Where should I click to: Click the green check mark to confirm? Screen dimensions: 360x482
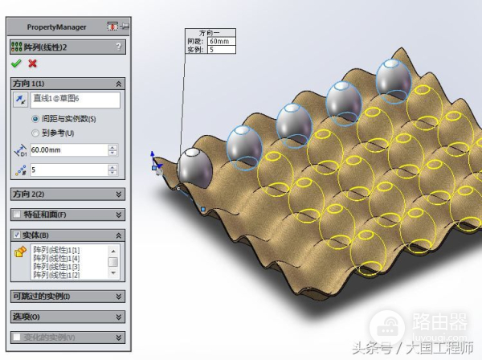16,63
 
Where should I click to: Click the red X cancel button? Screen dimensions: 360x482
33,63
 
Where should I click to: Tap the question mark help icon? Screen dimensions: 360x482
119,47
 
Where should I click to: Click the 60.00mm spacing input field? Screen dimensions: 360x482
67,150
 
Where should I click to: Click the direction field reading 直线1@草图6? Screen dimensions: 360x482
76,100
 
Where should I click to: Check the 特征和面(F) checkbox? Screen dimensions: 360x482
17,215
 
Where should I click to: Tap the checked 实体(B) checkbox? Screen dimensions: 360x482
17,235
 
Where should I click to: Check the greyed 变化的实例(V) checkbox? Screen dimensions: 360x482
17,337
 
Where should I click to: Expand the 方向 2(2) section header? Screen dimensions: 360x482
67,194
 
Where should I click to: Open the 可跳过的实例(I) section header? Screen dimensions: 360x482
67,297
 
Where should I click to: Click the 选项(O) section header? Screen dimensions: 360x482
67,317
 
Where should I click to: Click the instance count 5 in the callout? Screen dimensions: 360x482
212,49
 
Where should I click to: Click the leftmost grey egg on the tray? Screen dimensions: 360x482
194,166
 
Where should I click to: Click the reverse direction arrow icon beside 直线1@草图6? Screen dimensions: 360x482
20,100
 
